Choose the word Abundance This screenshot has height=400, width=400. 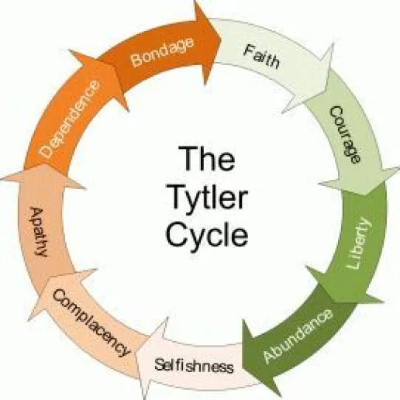pos(298,336)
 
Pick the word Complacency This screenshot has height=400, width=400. pos(91,322)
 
